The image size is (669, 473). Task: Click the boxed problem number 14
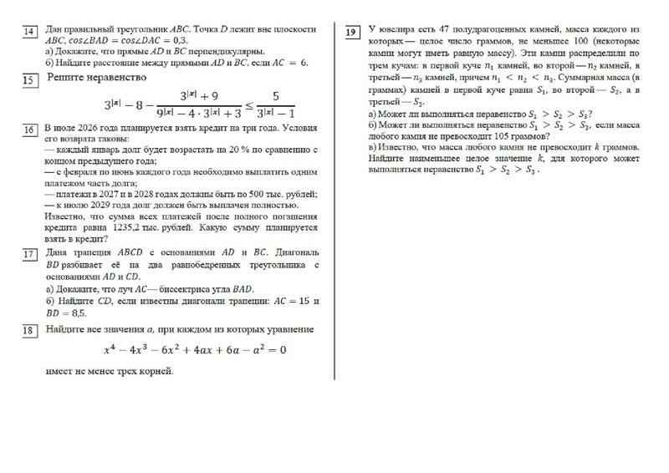click(29, 32)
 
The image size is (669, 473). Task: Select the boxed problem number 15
click(29, 80)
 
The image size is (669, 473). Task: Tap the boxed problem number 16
click(29, 131)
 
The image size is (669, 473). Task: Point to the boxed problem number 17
click(29, 254)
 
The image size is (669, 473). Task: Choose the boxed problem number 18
click(29, 331)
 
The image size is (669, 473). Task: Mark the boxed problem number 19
click(353, 32)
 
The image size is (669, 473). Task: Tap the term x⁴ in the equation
click(110, 350)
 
